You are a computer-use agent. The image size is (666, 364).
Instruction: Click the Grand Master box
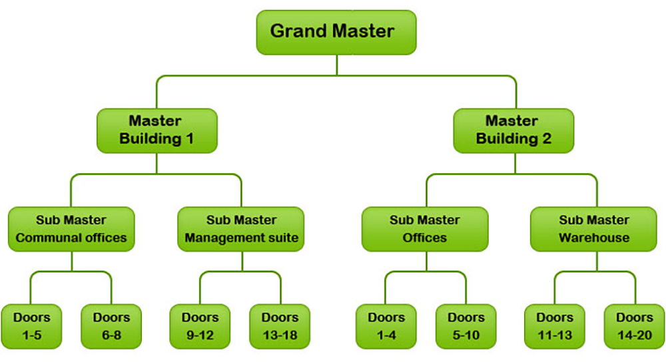pyautogui.click(x=336, y=32)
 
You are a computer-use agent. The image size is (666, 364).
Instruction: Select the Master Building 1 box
pyautogui.click(x=157, y=130)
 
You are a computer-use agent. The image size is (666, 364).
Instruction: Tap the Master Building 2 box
pyautogui.click(x=513, y=130)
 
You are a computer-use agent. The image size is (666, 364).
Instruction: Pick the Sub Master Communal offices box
pyautogui.click(x=71, y=229)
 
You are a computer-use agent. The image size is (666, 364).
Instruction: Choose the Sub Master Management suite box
pyautogui.click(x=241, y=229)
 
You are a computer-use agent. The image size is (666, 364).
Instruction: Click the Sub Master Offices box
pyautogui.click(x=425, y=229)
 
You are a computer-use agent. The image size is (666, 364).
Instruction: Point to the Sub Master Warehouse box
pyautogui.click(x=594, y=229)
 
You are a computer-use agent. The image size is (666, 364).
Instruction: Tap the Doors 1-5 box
pyautogui.click(x=31, y=326)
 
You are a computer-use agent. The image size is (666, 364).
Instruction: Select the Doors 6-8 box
pyautogui.click(x=111, y=326)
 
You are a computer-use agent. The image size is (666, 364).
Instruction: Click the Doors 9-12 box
pyautogui.click(x=200, y=326)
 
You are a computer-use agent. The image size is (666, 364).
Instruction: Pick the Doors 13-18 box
pyautogui.click(x=280, y=326)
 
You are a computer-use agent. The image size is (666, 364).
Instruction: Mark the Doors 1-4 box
pyautogui.click(x=386, y=326)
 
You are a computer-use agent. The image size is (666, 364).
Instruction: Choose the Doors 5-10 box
pyautogui.click(x=466, y=326)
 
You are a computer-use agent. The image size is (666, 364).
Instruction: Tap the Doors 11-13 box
pyautogui.click(x=555, y=326)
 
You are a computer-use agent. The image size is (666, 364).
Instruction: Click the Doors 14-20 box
pyautogui.click(x=635, y=326)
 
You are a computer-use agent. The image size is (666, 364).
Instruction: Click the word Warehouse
pyautogui.click(x=594, y=238)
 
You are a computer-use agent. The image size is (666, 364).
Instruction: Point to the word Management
pyautogui.click(x=219, y=238)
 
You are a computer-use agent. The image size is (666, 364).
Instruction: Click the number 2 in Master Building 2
pyautogui.click(x=547, y=138)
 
